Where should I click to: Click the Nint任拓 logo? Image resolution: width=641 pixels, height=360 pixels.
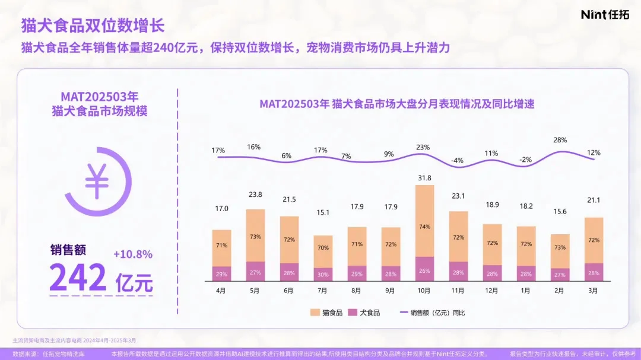[x=605, y=15]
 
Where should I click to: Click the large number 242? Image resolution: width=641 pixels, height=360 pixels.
[x=78, y=277]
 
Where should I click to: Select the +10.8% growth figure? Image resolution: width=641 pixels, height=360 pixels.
[x=132, y=254]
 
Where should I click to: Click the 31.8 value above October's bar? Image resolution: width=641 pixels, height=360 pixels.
[x=424, y=177]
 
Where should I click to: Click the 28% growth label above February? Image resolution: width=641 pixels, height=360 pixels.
[x=560, y=140]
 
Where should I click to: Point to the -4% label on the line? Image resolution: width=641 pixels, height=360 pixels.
[x=456, y=161]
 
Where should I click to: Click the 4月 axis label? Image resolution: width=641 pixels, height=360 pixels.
[x=221, y=291]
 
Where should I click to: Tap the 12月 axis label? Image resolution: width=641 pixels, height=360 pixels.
[x=492, y=291]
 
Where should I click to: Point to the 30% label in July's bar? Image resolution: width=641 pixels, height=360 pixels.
[x=323, y=274]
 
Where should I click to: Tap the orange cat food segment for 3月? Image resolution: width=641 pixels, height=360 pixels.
[x=594, y=240]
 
